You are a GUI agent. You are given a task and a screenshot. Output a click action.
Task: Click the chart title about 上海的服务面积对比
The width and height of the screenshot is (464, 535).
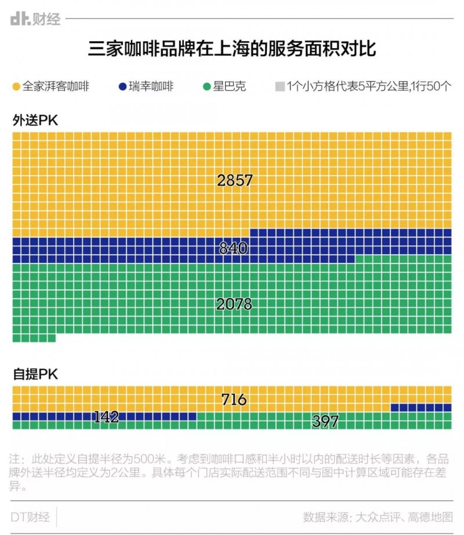[x=232, y=48]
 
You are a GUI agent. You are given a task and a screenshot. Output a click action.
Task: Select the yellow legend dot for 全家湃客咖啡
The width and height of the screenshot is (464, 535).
[x=16, y=87]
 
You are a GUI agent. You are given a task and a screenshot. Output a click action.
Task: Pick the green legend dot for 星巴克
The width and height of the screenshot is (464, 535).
[x=206, y=87]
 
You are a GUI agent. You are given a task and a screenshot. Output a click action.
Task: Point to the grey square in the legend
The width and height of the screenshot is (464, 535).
[x=280, y=87]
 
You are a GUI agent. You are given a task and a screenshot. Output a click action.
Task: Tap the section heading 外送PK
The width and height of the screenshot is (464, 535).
[x=35, y=120]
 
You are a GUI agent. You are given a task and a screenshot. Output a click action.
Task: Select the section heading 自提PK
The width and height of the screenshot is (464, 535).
[x=35, y=374]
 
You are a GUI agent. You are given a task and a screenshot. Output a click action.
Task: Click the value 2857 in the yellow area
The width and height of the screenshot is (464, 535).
[x=235, y=180]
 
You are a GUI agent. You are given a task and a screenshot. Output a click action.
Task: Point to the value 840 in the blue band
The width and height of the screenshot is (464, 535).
[x=233, y=248]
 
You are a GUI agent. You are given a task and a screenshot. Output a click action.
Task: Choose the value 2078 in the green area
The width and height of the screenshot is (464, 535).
[x=234, y=303]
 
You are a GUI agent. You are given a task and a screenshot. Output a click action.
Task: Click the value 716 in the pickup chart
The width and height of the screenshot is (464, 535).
[x=234, y=399]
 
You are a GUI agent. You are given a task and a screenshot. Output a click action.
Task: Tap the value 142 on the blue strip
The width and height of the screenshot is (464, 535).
[x=106, y=417]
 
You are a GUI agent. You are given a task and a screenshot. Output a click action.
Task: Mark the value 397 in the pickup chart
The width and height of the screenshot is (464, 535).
[x=325, y=422]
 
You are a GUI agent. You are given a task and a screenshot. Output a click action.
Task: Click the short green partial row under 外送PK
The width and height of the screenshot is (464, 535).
[x=34, y=338]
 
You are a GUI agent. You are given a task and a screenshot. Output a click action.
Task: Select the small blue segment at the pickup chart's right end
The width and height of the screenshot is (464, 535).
[x=421, y=407]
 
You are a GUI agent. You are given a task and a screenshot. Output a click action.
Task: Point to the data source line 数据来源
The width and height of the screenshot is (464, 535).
[x=377, y=516]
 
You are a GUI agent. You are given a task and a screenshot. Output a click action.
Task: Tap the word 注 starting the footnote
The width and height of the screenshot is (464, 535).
[x=15, y=457]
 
